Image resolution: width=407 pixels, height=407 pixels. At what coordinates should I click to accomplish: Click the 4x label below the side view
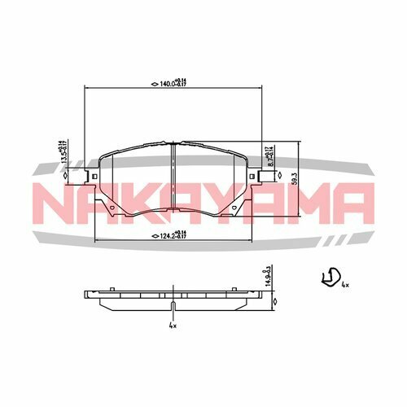pyautogui.click(x=173, y=326)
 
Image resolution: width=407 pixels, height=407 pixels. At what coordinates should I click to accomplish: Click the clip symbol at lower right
pyautogui.click(x=328, y=278)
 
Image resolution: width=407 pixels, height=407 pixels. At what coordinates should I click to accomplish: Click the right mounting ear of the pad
pyautogui.click(x=265, y=176)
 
